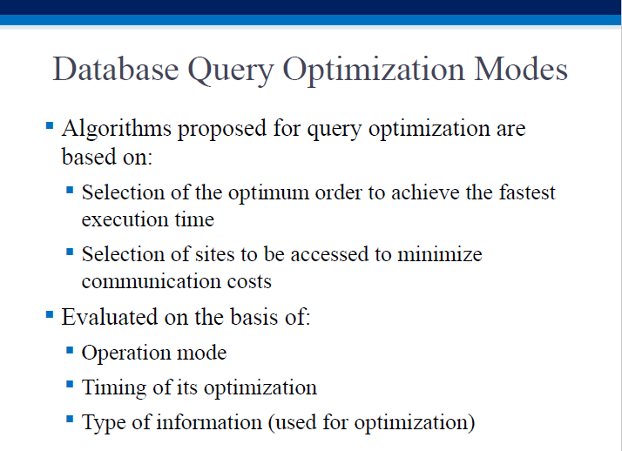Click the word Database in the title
[116, 69]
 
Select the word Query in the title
[231, 71]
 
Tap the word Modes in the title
[521, 69]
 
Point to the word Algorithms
[117, 129]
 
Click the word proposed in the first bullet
[222, 130]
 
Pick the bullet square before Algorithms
[50, 126]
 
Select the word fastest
[527, 192]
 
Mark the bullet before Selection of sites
[70, 252]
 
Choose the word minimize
[440, 254]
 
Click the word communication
[151, 281]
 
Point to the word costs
[249, 282]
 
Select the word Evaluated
[110, 317]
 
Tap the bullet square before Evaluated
[50, 315]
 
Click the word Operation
[125, 353]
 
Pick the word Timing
[114, 387]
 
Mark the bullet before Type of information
[70, 419]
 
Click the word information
[209, 421]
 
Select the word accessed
[329, 254]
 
